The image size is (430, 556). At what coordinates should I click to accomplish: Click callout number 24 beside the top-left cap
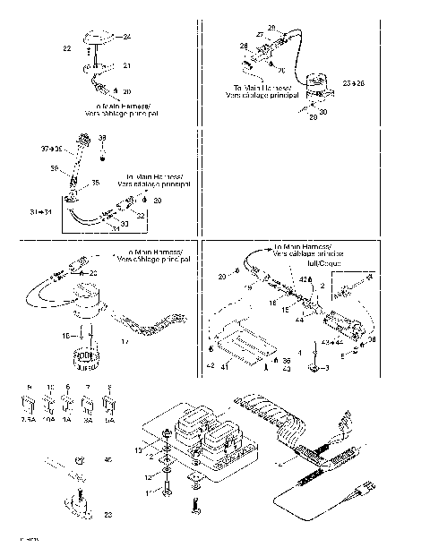[126, 36]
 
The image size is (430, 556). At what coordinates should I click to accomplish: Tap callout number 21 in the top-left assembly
[126, 66]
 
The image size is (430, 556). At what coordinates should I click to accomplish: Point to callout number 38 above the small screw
[101, 138]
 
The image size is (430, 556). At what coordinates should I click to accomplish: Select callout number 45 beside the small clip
[108, 460]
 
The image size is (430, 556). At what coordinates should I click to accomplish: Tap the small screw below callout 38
[102, 153]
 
